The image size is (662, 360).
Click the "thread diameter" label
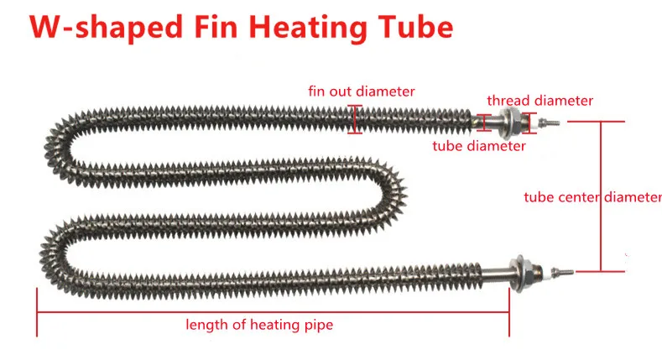pos(540,101)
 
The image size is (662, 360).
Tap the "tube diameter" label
pos(479,146)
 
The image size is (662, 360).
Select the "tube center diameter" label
pos(592,197)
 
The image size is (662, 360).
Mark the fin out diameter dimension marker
pos(358,118)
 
